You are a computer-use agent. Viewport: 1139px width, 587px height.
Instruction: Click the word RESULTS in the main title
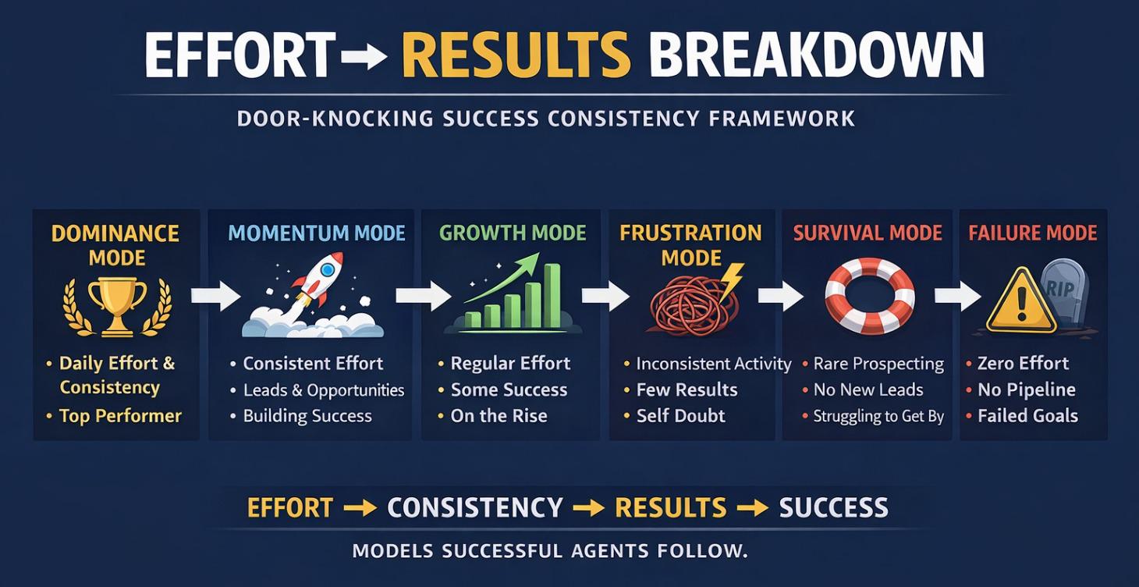click(516, 55)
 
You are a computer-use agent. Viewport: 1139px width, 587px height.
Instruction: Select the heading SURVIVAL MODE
click(868, 233)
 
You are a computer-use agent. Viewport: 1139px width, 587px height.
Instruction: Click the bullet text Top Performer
click(120, 416)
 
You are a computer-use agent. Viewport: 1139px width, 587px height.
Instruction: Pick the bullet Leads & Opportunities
click(323, 390)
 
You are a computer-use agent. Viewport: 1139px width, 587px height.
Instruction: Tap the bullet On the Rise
click(499, 416)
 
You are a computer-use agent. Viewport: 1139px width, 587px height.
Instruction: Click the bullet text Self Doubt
click(680, 416)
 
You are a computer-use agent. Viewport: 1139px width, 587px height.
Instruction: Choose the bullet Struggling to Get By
click(878, 416)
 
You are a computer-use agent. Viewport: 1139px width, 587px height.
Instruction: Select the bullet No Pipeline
click(1026, 390)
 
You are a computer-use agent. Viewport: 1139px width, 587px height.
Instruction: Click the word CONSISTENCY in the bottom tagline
click(474, 508)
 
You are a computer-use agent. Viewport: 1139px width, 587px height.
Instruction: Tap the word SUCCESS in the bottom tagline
click(833, 508)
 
